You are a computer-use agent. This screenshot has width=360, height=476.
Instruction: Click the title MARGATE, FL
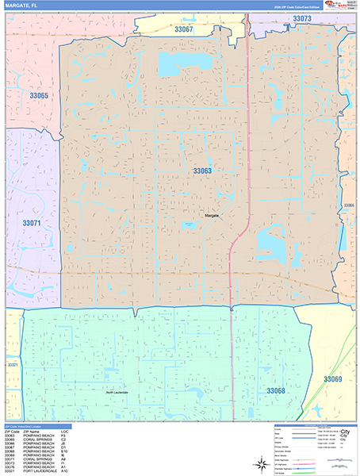coord(24,6)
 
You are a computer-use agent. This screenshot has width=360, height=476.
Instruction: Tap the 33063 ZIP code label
coord(202,171)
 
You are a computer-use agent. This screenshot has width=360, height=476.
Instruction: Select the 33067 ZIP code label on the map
coord(183,29)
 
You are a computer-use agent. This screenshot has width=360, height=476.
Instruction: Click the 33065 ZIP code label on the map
coord(39,96)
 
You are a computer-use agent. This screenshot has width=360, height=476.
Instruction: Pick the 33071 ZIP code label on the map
coord(32,224)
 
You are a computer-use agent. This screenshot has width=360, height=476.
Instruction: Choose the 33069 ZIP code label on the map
coord(333,380)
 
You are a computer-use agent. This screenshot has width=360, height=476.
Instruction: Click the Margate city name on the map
coord(211,215)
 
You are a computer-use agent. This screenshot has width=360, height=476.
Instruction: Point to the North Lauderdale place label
coord(117,393)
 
